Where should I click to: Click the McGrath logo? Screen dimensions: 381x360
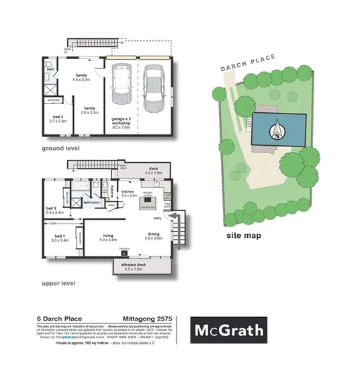(x=229, y=331)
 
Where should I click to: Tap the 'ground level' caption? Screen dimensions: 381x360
(x=61, y=148)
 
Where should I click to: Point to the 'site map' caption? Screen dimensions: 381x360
(x=243, y=235)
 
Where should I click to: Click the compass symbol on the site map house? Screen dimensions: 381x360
(x=278, y=128)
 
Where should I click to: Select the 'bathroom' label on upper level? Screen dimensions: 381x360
(x=91, y=202)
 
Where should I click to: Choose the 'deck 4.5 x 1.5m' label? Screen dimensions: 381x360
(x=153, y=170)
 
